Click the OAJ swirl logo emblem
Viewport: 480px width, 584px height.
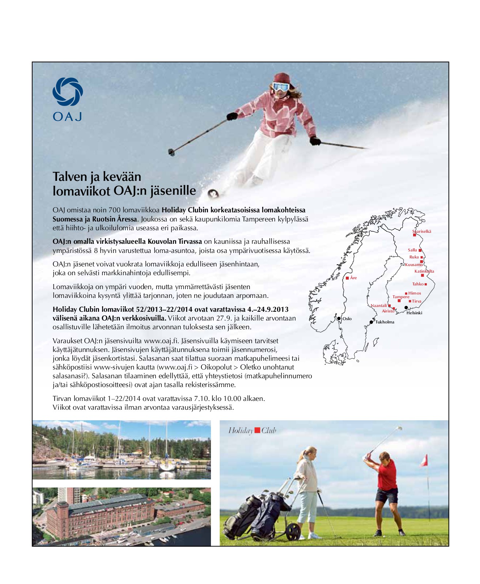68,92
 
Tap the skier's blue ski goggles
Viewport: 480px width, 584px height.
281,87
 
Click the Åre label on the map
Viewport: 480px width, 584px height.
353,278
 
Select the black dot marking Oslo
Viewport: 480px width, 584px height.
339,319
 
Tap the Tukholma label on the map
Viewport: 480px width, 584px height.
385,322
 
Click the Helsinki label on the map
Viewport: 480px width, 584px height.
414,313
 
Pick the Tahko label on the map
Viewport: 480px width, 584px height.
418,284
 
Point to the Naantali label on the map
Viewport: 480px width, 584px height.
379,306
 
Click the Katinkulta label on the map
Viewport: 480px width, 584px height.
424,271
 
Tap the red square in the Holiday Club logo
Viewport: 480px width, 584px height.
257,430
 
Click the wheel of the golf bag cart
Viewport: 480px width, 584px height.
293,532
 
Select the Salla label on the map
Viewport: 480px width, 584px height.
412,250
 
